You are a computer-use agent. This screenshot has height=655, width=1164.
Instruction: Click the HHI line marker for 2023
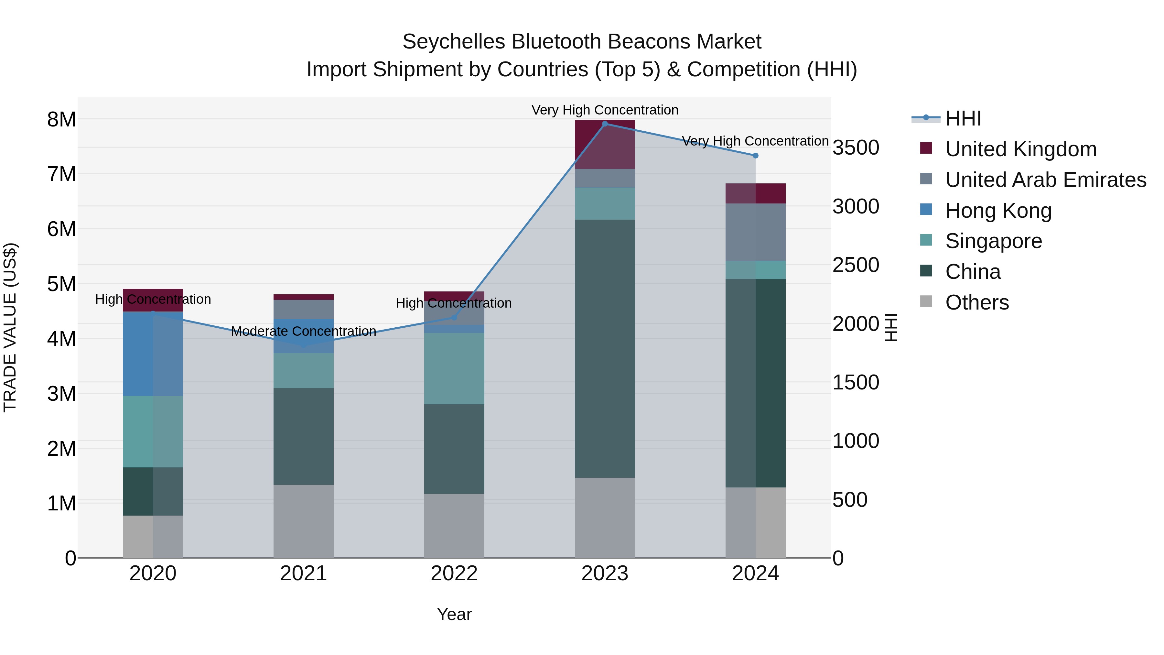(605, 124)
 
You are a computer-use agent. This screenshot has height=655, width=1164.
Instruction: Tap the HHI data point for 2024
(756, 156)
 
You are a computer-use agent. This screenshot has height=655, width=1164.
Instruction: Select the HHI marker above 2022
(454, 318)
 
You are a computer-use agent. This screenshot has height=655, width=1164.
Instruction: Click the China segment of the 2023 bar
(605, 348)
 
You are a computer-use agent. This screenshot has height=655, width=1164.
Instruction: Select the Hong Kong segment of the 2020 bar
(153, 354)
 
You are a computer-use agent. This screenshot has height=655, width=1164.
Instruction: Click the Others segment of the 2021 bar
(303, 521)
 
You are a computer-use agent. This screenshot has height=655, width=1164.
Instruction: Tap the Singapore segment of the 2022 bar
(454, 368)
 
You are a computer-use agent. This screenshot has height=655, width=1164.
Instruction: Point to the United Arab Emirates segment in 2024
(756, 232)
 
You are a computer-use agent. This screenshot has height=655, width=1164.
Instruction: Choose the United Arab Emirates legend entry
(1046, 180)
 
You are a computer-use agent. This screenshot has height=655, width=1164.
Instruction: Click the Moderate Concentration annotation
(303, 331)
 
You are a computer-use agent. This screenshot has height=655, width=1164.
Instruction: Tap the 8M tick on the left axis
(61, 120)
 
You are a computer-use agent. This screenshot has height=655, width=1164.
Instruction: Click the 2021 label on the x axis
(303, 573)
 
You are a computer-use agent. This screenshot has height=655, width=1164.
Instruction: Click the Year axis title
(454, 614)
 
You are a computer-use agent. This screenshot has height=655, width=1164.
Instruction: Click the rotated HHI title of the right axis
(891, 327)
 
